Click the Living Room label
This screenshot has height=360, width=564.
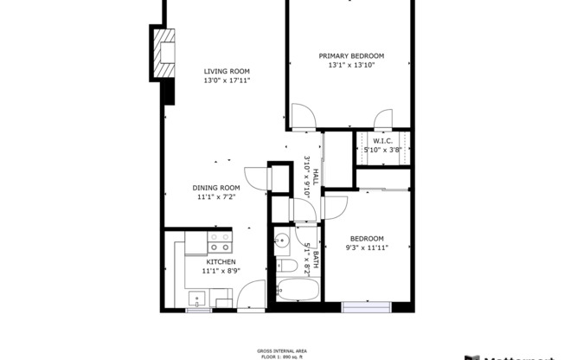tap(227, 72)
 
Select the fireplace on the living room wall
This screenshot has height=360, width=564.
tap(163, 54)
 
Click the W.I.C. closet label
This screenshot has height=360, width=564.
tap(383, 140)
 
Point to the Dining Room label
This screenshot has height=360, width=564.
tap(216, 188)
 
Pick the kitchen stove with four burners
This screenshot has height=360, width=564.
tap(221, 241)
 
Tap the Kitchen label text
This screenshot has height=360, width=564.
tap(221, 261)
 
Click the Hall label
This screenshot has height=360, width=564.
tap(315, 177)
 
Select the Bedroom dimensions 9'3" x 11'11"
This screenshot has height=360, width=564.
tap(366, 248)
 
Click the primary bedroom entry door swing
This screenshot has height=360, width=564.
tap(302, 117)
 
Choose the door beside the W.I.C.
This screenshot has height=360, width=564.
tap(382, 118)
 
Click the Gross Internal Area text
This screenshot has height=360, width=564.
tap(281, 350)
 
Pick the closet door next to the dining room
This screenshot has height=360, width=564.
tap(257, 177)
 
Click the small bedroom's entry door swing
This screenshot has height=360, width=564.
tap(335, 207)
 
